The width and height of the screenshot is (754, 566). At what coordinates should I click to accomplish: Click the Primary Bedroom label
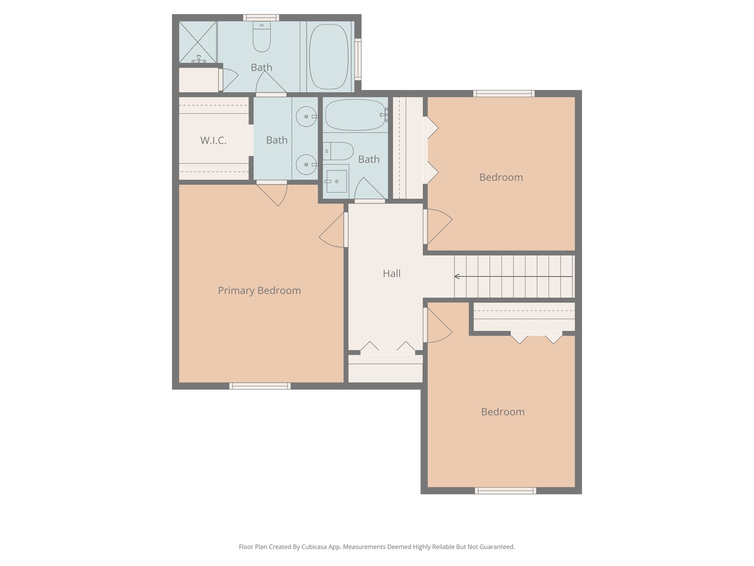coord(259,290)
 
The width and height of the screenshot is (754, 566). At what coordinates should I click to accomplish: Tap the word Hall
coord(391,273)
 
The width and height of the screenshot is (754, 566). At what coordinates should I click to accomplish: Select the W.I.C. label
coord(213,140)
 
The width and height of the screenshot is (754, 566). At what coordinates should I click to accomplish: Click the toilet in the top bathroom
coord(261,37)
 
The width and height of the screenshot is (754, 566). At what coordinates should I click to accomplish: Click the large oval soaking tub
coord(328,56)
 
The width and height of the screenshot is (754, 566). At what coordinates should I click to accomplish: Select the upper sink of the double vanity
coord(306,116)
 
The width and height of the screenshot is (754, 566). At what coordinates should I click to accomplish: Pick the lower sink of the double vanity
coord(306,164)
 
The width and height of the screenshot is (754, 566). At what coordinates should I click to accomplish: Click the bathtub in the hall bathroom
coord(355,115)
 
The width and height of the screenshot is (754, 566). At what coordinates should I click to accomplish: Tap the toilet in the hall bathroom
coord(339,151)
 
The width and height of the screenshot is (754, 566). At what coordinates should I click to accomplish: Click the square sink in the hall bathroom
coord(336,181)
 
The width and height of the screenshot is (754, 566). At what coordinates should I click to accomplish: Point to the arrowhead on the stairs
coord(457,276)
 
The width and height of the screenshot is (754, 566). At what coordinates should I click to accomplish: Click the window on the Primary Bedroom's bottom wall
coord(260,386)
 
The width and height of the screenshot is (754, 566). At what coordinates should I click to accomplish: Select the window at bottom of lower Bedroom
coord(505,490)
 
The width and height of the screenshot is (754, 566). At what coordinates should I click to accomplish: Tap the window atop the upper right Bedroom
coord(504,94)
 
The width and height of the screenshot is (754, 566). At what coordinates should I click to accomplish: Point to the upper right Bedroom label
coord(501,177)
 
